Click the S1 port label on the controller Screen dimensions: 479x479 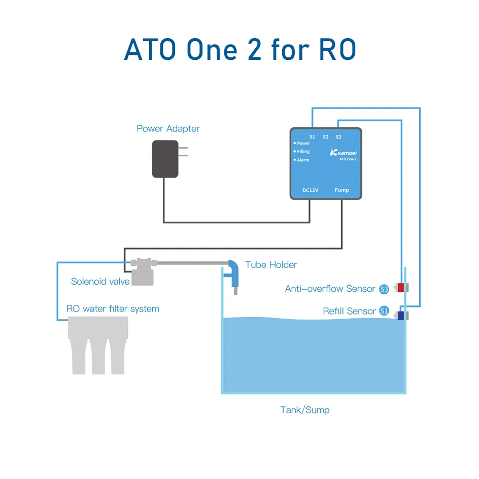point(312,137)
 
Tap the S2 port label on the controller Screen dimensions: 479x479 point(325,137)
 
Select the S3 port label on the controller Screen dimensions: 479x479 point(338,137)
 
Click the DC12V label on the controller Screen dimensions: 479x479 point(310,190)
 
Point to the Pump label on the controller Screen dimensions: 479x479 point(341,190)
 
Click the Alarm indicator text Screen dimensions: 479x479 point(303,160)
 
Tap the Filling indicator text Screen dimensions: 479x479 point(303,152)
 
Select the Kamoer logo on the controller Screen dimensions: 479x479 point(344,152)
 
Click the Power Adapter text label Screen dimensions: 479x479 point(168,128)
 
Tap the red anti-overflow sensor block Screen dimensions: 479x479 point(401,288)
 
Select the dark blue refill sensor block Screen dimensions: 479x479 point(401,316)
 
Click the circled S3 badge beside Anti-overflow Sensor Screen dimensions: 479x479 point(384,289)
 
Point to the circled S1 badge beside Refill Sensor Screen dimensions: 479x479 point(384,311)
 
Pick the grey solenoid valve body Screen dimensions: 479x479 point(143,271)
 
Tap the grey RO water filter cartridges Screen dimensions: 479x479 point(98,345)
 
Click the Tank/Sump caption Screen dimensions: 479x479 point(305,410)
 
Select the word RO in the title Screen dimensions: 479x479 point(338,50)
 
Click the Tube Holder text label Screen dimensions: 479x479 point(271,264)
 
